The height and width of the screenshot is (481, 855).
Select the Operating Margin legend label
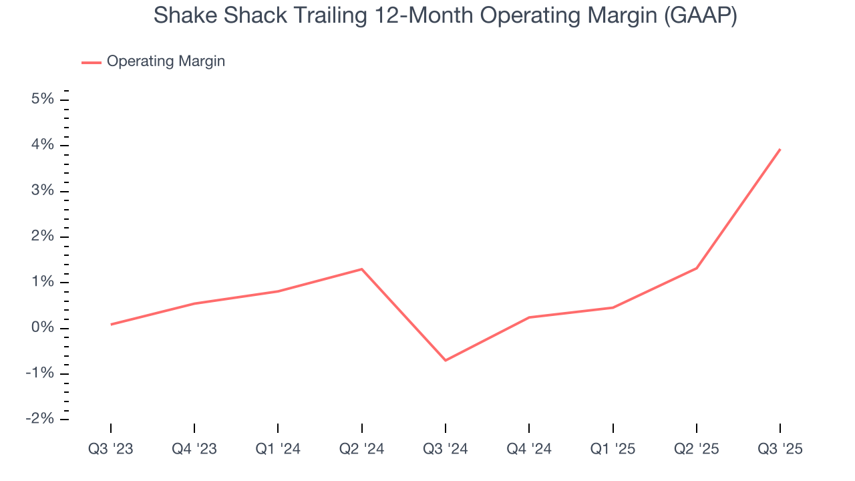coord(166,61)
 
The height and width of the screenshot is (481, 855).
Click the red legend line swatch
coord(92,62)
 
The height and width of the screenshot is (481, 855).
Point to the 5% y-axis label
coord(43,100)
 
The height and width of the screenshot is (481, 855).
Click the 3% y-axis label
coord(43,191)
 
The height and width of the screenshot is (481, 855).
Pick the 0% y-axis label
coord(43,328)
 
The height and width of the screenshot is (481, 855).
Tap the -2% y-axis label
coord(39,419)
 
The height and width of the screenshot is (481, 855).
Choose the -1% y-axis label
coord(39,373)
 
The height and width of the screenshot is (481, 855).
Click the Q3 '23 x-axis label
coord(111,449)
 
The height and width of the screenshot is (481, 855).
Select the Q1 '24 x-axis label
coord(278,449)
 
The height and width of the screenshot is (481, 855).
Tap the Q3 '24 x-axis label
coord(446,449)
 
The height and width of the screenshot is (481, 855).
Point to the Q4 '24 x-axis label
coord(529,449)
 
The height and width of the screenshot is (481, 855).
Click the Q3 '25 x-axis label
coord(780,449)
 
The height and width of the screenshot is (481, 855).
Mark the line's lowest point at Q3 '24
coord(446,360)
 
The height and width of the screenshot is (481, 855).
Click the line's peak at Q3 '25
coord(780,150)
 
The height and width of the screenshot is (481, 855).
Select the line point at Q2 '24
coord(361,269)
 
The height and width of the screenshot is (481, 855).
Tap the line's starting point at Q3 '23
coord(111,325)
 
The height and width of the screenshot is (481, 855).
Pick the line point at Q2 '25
coord(697,268)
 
